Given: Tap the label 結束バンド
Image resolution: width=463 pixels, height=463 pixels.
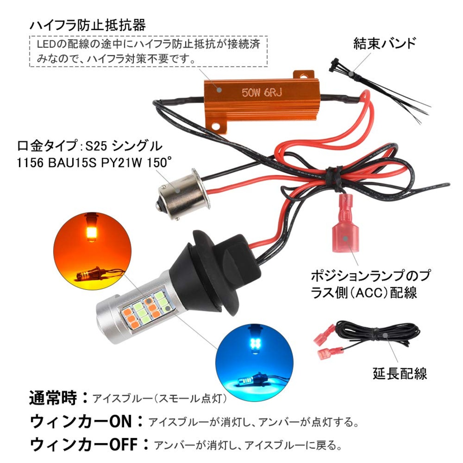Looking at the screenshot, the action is click(x=385, y=44).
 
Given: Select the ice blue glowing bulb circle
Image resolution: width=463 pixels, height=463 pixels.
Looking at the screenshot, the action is click(x=254, y=358).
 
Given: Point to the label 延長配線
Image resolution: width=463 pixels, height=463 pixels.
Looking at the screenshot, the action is click(x=399, y=373).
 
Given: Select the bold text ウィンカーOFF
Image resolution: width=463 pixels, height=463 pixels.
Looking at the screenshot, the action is click(x=84, y=444).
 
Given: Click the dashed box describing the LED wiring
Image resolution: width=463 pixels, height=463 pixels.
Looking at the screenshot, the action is click(x=148, y=51).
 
